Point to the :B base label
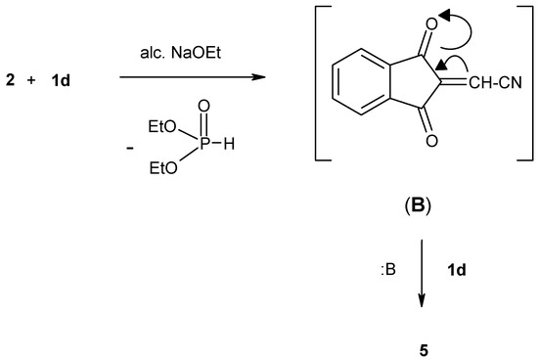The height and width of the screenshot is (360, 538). [388, 263]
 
